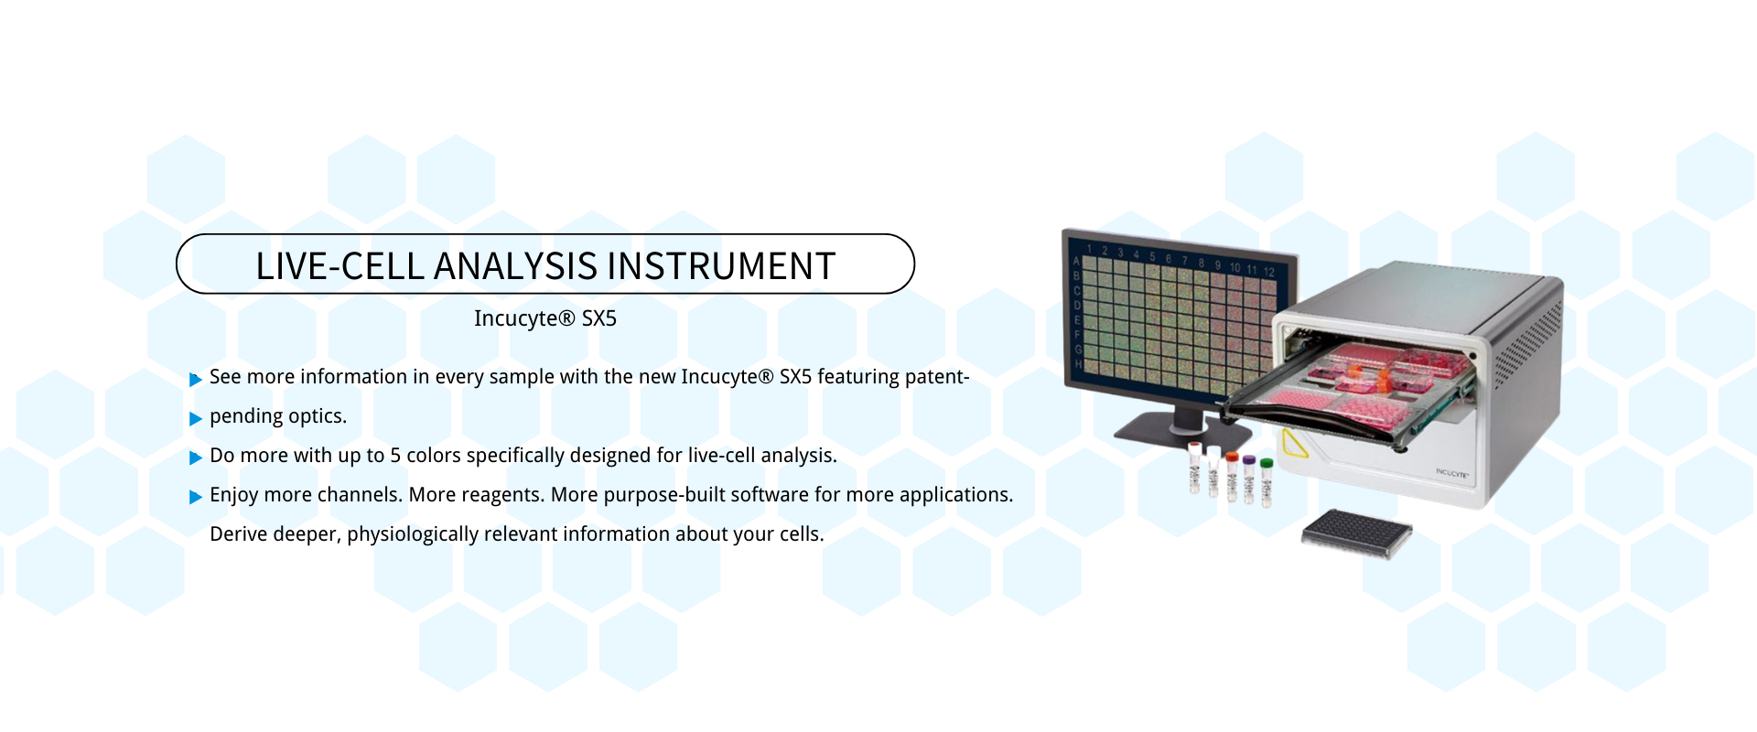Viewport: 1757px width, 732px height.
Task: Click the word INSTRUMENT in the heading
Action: coord(721,266)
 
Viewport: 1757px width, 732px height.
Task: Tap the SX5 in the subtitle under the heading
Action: coord(599,318)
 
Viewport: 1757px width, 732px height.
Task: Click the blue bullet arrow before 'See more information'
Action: coord(195,379)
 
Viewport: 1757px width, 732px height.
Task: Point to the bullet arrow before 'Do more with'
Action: coord(195,457)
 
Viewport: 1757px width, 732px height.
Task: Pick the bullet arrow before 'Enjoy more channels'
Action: coord(195,497)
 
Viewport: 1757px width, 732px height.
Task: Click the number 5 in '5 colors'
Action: coord(395,456)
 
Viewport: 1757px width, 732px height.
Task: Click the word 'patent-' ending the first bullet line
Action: coord(937,377)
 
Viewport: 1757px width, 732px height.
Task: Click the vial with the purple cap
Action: coord(1249,479)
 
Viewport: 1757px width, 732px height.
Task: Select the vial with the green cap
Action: coord(1267,482)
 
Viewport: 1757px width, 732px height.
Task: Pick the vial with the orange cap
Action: coord(1232,477)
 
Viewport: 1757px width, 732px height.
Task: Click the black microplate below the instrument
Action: coord(1357,533)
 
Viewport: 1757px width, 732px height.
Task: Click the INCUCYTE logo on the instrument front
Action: coord(1451,473)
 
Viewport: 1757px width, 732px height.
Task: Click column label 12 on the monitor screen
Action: coord(1269,271)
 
